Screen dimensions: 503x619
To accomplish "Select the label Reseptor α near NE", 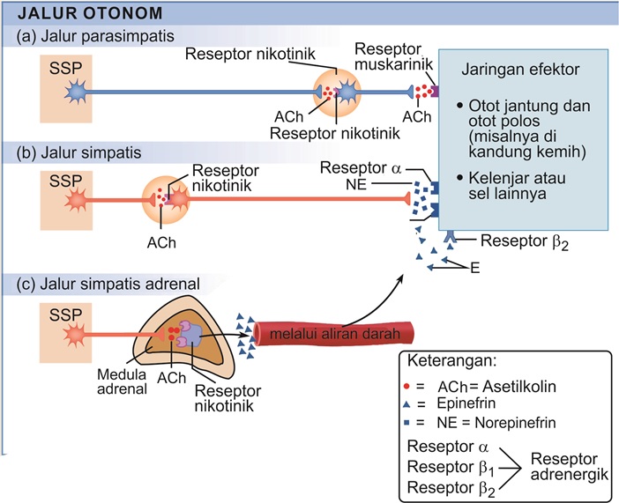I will point(355,167).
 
